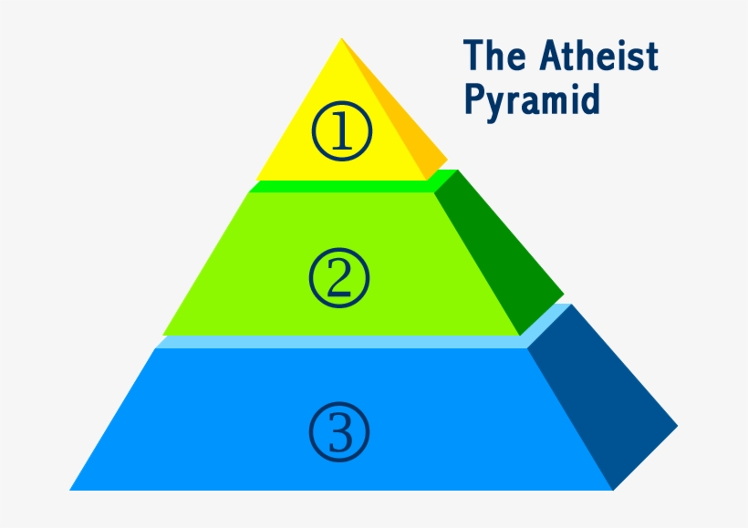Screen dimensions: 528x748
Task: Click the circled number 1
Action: coord(342,133)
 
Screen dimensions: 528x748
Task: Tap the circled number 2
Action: coord(338,277)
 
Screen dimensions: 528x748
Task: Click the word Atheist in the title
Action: coord(597,57)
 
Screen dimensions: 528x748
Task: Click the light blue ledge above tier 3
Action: coord(347,342)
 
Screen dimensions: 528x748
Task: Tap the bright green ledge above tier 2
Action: coord(347,186)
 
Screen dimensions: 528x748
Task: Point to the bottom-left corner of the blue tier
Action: coord(71,490)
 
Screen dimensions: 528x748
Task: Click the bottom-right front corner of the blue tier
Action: coord(612,490)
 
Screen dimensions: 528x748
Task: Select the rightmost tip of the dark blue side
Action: coord(677,426)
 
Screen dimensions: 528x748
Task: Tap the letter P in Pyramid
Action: coord(473,98)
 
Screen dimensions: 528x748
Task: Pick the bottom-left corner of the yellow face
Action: coord(255,180)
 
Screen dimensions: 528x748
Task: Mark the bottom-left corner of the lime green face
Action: coord(163,335)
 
